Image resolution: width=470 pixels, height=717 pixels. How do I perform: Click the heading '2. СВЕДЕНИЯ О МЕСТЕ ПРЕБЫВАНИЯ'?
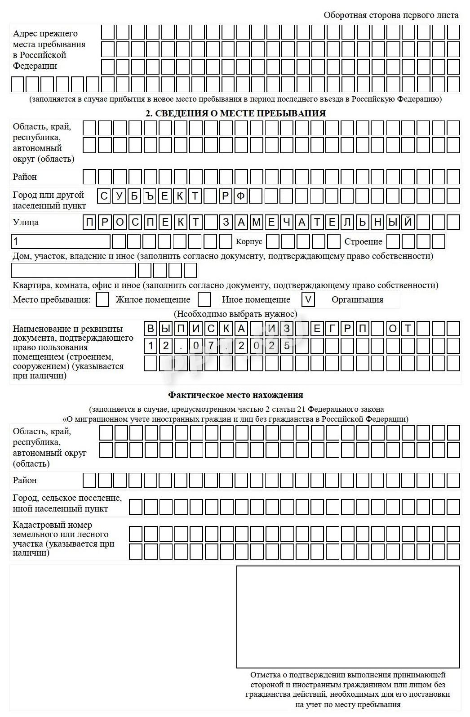tap(235, 113)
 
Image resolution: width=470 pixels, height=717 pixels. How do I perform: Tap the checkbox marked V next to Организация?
tap(308, 299)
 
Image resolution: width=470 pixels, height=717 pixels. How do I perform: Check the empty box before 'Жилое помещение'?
tap(103, 299)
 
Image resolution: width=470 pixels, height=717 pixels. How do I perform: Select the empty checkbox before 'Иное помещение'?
tap(204, 299)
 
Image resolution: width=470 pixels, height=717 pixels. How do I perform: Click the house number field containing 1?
tap(60, 241)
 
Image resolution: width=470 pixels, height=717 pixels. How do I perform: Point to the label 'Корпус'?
tap(248, 242)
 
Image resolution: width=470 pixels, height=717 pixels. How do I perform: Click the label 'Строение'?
tap(363, 242)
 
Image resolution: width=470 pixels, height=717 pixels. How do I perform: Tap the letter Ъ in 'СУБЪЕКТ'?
tap(150, 196)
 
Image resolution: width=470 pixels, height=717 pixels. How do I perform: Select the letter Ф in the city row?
tap(241, 196)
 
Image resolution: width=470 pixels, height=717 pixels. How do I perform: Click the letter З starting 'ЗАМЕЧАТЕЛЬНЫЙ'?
tap(226, 222)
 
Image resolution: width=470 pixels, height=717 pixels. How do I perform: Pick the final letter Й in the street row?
tap(408, 222)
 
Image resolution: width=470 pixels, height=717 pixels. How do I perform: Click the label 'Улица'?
tap(26, 222)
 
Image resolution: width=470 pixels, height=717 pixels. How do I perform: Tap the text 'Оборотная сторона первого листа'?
tap(391, 15)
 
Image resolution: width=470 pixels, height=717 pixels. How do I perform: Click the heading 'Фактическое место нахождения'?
tap(235, 395)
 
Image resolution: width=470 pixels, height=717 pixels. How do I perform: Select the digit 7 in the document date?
tap(211, 346)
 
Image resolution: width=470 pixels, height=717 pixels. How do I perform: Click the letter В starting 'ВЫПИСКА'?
tap(151, 329)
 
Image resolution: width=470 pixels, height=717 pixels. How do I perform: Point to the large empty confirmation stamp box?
tap(348, 617)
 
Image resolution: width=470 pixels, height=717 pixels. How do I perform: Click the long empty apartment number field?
tap(73, 271)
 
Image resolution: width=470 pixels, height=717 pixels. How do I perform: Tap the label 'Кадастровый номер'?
tap(52, 525)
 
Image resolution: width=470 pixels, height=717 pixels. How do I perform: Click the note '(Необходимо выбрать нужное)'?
tap(235, 314)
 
